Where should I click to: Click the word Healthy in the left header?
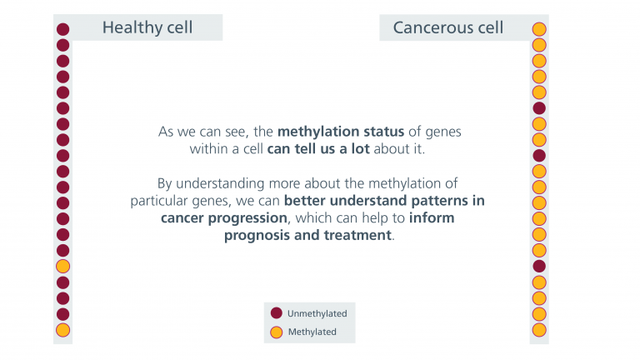point(127,27)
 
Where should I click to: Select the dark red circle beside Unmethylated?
point(277,313)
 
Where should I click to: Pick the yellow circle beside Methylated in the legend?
point(277,332)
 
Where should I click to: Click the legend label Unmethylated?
point(317,313)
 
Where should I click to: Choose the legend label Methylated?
point(312,332)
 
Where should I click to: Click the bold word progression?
point(247,218)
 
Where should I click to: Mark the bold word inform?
point(432,217)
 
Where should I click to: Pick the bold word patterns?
point(440,201)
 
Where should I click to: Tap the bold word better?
point(305,200)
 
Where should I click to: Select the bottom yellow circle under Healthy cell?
point(62,330)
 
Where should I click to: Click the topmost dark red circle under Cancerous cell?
point(539,108)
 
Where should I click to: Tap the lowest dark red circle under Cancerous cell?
point(539,266)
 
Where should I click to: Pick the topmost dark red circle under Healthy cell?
point(62,29)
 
